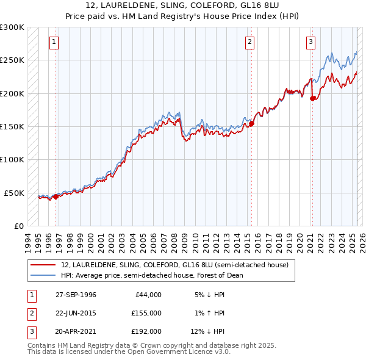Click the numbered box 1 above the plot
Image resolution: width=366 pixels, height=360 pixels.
tap(54, 42)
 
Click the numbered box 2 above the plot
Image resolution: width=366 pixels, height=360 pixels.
tap(250, 42)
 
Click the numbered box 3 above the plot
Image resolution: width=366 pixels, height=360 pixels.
tap(310, 42)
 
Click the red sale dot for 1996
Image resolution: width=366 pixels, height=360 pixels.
tap(56, 196)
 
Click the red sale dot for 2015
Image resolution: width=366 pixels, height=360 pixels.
tap(251, 123)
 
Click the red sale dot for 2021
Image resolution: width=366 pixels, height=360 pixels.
tap(312, 99)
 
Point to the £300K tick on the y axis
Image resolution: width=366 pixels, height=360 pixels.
tap(12, 27)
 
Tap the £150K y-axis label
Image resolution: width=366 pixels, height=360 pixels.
tap(12, 126)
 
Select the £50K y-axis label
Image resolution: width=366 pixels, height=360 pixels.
tap(15, 193)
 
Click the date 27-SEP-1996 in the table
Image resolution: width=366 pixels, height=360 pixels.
tap(76, 295)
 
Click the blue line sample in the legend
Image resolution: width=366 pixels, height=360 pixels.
tap(44, 275)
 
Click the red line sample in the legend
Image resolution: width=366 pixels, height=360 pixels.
tap(44, 265)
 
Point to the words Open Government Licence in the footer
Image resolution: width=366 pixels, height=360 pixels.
tap(178, 351)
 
